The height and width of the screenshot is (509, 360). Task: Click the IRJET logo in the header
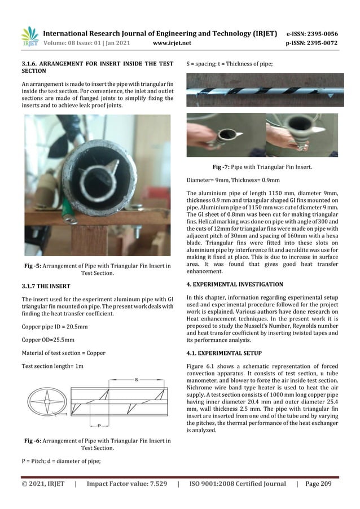(29, 36)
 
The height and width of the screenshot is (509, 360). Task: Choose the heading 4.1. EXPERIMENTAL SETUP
(224, 353)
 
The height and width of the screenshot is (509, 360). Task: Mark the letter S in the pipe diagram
(137, 380)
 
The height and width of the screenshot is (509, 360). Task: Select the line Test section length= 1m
(52, 366)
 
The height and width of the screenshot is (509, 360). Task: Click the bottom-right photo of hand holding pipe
(302, 135)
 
